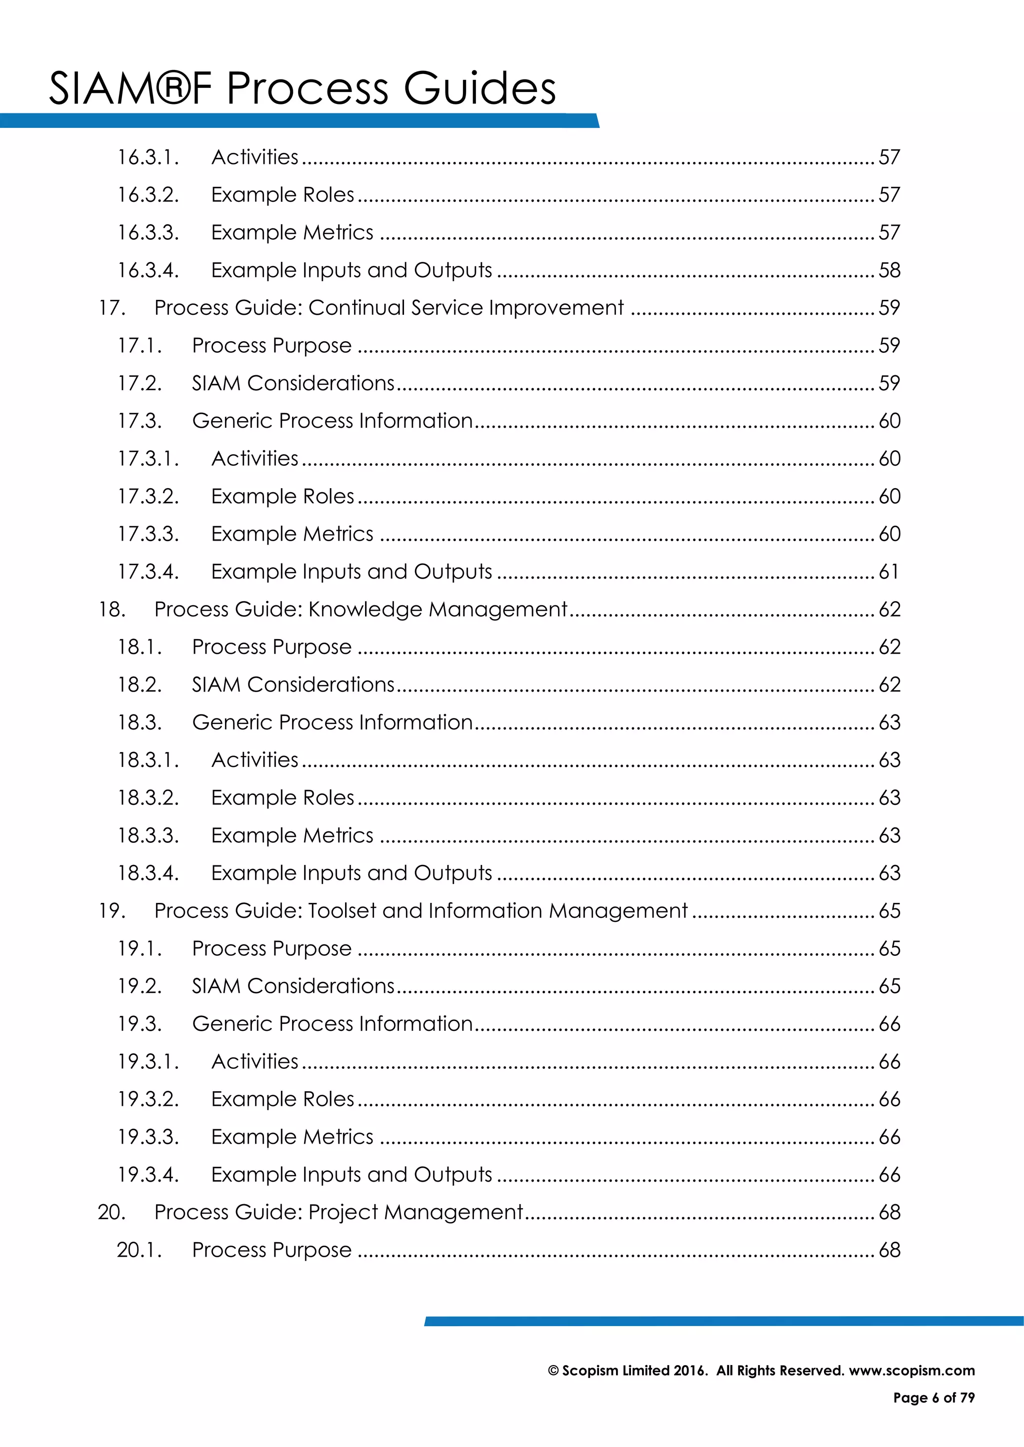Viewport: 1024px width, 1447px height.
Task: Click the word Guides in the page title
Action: pyautogui.click(x=479, y=88)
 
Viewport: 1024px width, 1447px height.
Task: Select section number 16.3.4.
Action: pyautogui.click(x=148, y=270)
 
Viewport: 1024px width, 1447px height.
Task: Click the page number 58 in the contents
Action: pyautogui.click(x=889, y=270)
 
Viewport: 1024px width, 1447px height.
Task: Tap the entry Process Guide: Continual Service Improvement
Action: pyautogui.click(x=388, y=308)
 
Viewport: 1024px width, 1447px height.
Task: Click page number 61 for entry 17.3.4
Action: pyautogui.click(x=888, y=572)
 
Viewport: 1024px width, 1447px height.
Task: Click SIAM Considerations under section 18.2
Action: pyautogui.click(x=293, y=685)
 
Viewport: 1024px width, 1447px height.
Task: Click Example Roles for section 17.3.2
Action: pyautogui.click(x=282, y=497)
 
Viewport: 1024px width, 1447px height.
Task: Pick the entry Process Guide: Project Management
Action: pyautogui.click(x=338, y=1213)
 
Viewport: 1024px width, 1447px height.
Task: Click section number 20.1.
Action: pyautogui.click(x=139, y=1250)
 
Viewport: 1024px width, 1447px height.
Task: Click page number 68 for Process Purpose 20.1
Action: pyautogui.click(x=889, y=1250)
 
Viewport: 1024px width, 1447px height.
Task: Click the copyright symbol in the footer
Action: pyautogui.click(x=553, y=1371)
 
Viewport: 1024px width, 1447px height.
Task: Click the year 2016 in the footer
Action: pyautogui.click(x=690, y=1371)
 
